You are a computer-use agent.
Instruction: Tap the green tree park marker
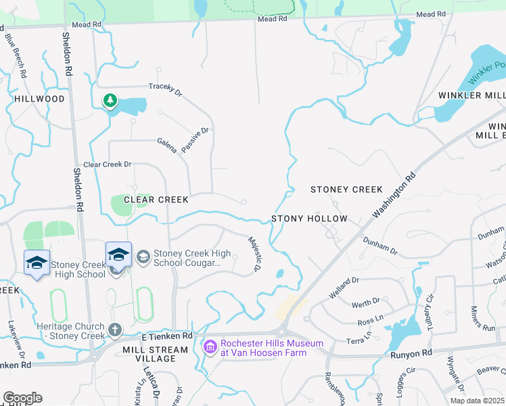110,101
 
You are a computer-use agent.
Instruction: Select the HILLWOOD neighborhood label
39,99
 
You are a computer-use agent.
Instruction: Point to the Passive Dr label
195,140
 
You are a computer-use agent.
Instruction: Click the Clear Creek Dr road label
107,164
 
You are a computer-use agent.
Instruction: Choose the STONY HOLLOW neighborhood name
309,219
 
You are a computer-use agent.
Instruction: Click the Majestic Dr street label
255,254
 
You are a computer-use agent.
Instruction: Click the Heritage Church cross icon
115,330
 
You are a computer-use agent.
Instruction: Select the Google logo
22,398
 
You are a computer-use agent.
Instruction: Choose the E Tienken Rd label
167,336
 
